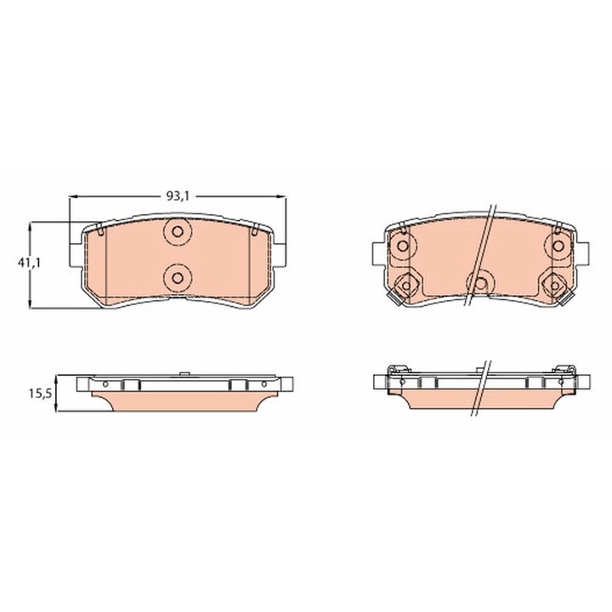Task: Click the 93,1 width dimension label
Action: coord(177,195)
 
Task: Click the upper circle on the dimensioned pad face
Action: coord(177,233)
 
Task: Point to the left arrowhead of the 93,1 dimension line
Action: coord(71,196)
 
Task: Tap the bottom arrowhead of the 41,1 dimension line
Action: coord(31,306)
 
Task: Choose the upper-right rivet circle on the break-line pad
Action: coord(558,246)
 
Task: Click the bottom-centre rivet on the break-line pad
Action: coord(481,283)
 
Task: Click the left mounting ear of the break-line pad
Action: coord(377,252)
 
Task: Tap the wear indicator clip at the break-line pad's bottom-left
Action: coord(394,297)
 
